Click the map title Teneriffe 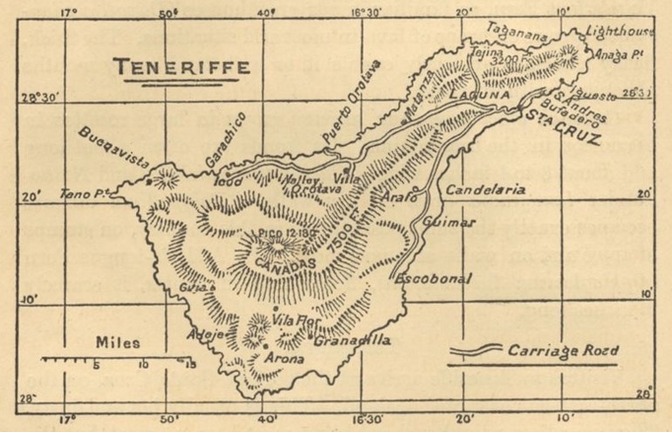point(185,67)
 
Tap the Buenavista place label point(113,148)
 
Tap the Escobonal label point(434,279)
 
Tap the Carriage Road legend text point(563,351)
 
